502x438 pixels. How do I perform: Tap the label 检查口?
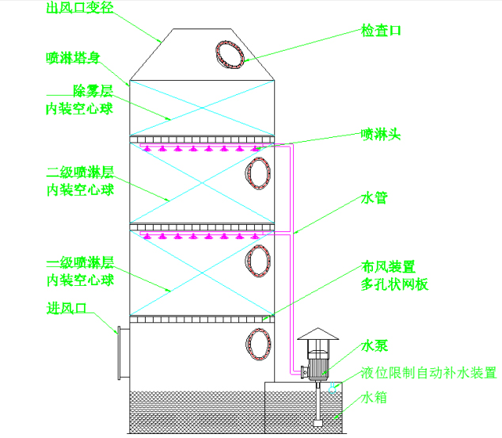[x=382, y=30]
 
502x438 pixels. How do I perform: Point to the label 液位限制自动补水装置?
[x=428, y=372]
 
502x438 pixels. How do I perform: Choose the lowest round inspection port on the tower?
[x=259, y=344]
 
